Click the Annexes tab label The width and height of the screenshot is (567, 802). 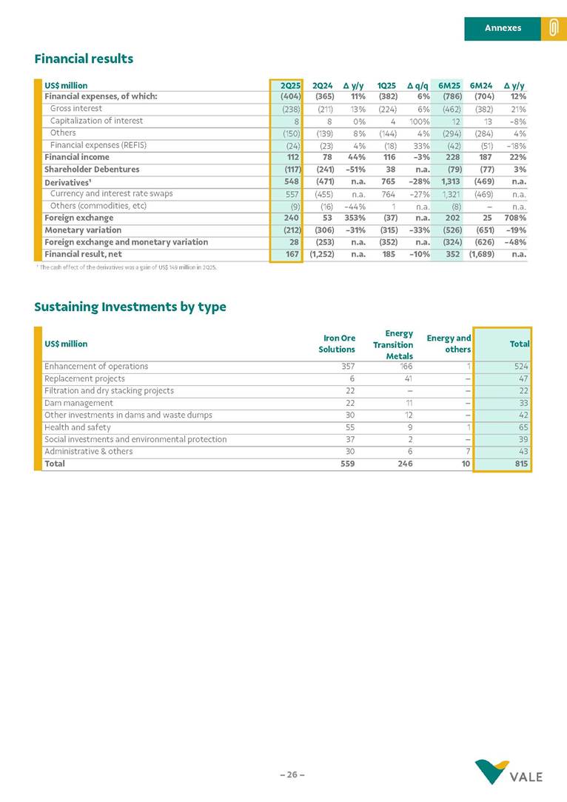tap(503, 28)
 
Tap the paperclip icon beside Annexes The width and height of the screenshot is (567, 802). tap(553, 28)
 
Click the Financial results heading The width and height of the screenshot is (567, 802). tap(84, 59)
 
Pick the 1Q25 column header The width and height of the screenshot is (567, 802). tap(386, 85)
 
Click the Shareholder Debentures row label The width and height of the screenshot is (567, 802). tap(92, 169)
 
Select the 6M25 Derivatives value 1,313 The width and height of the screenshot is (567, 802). tap(451, 181)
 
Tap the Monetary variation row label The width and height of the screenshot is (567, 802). tap(82, 230)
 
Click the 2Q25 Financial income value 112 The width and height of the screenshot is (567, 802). tap(292, 157)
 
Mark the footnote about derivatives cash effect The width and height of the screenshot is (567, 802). tap(126, 267)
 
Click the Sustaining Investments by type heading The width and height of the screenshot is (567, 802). tap(130, 307)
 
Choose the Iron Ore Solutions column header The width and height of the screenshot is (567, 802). tap(337, 344)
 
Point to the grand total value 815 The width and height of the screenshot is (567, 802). tap(522, 464)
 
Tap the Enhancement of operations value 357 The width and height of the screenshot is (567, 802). tap(347, 366)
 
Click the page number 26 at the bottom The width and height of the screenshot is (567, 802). tap(292, 775)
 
